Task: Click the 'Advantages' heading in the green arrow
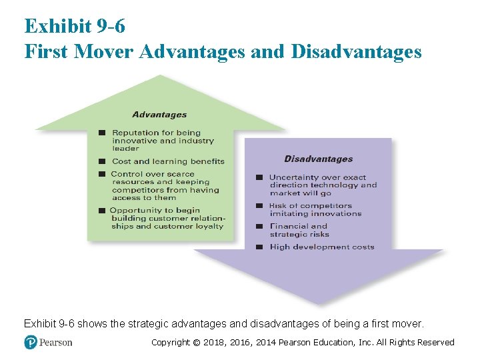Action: click(159, 115)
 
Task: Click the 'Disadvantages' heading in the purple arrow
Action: click(318, 159)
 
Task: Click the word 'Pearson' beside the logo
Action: click(57, 342)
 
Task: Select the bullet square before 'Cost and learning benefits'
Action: click(103, 161)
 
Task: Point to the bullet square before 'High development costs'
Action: click(260, 247)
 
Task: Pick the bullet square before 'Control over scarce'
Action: click(103, 174)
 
